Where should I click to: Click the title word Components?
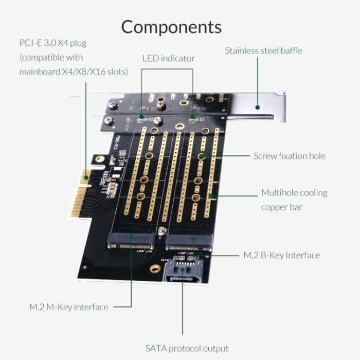coord(171,26)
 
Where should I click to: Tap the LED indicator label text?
coord(168,59)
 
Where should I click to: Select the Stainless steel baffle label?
coord(264,50)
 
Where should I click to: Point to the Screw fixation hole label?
coord(289,156)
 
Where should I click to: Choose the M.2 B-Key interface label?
coord(281,255)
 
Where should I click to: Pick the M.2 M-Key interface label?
coord(68,307)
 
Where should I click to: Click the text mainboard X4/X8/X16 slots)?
coord(74,71)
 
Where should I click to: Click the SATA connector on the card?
coord(183,271)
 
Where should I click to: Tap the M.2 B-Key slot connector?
coord(189,240)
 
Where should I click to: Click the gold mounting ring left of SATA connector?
coord(154,268)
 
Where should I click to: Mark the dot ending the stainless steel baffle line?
coord(257,108)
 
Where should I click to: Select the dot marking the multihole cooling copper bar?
coord(210,195)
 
